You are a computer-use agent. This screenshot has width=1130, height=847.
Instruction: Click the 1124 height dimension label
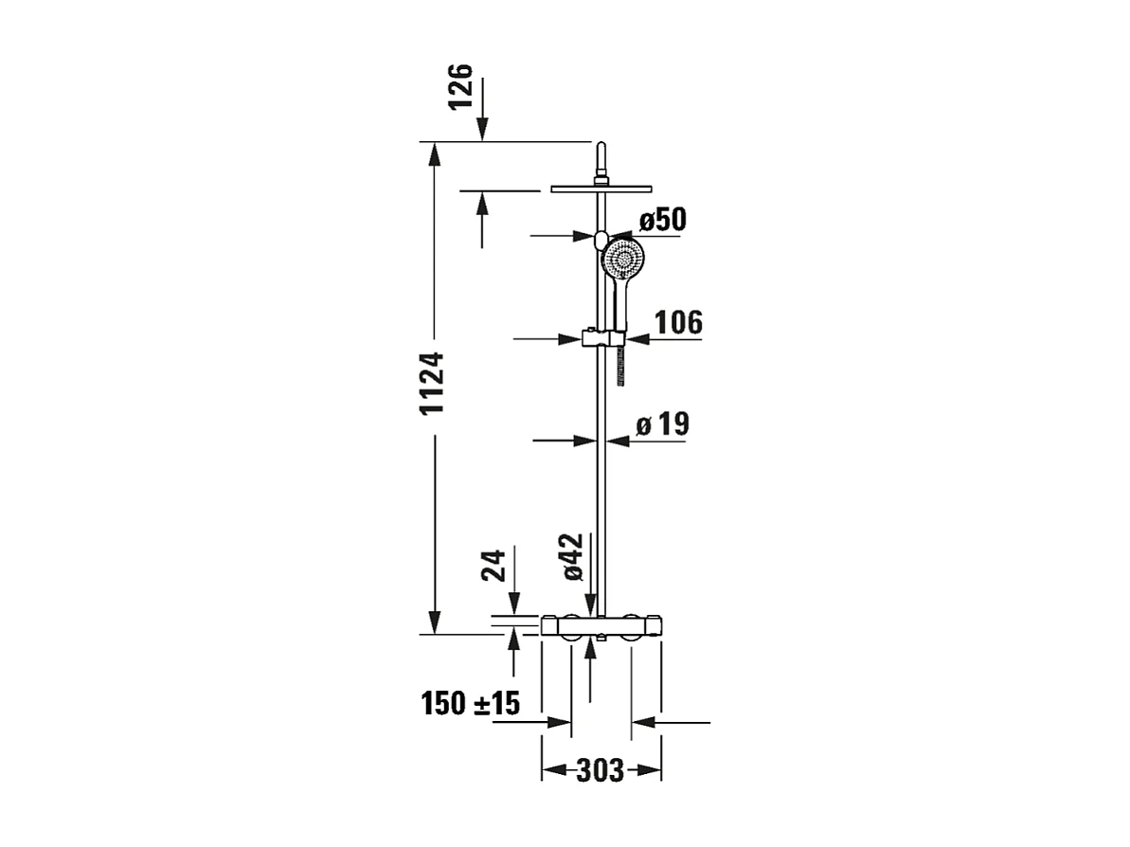click(x=432, y=385)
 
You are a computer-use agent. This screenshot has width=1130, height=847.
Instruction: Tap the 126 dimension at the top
click(x=459, y=87)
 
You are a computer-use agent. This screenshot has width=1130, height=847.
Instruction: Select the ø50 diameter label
click(x=661, y=220)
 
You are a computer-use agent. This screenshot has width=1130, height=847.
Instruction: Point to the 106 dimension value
click(x=678, y=323)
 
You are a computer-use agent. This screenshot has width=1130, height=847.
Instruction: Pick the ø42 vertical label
click(x=573, y=557)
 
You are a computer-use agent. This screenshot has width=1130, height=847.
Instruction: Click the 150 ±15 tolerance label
click(x=471, y=704)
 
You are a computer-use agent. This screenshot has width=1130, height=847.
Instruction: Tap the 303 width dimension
click(x=601, y=771)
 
